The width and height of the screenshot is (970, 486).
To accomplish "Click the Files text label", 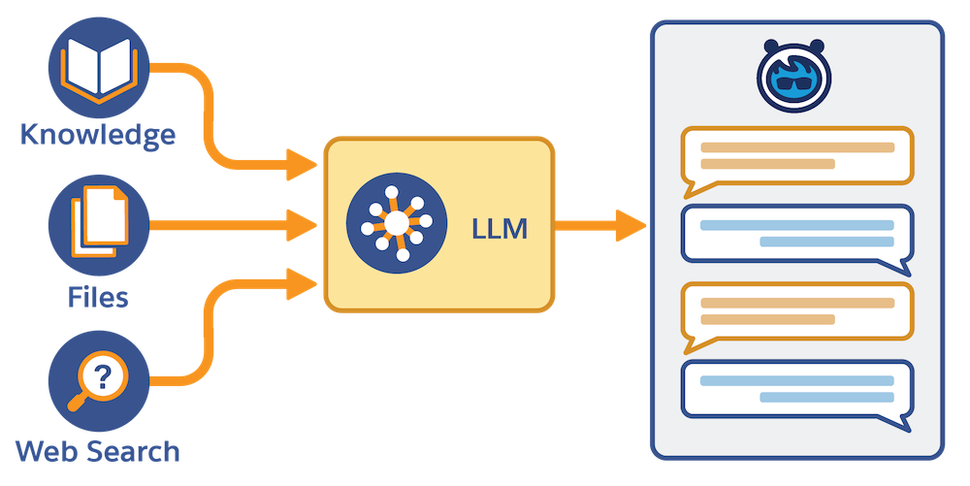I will click(x=99, y=294).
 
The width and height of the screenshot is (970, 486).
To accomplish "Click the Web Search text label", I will click(x=99, y=450).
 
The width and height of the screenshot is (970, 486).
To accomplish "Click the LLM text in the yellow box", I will click(x=499, y=230).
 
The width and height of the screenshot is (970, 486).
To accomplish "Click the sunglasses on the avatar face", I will click(x=796, y=83).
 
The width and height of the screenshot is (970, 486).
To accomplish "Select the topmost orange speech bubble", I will click(x=796, y=156).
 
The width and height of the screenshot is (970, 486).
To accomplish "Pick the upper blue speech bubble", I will click(x=796, y=234).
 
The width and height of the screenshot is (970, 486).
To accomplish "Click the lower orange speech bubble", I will click(x=796, y=312).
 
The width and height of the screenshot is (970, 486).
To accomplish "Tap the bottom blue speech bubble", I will click(x=796, y=390).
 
